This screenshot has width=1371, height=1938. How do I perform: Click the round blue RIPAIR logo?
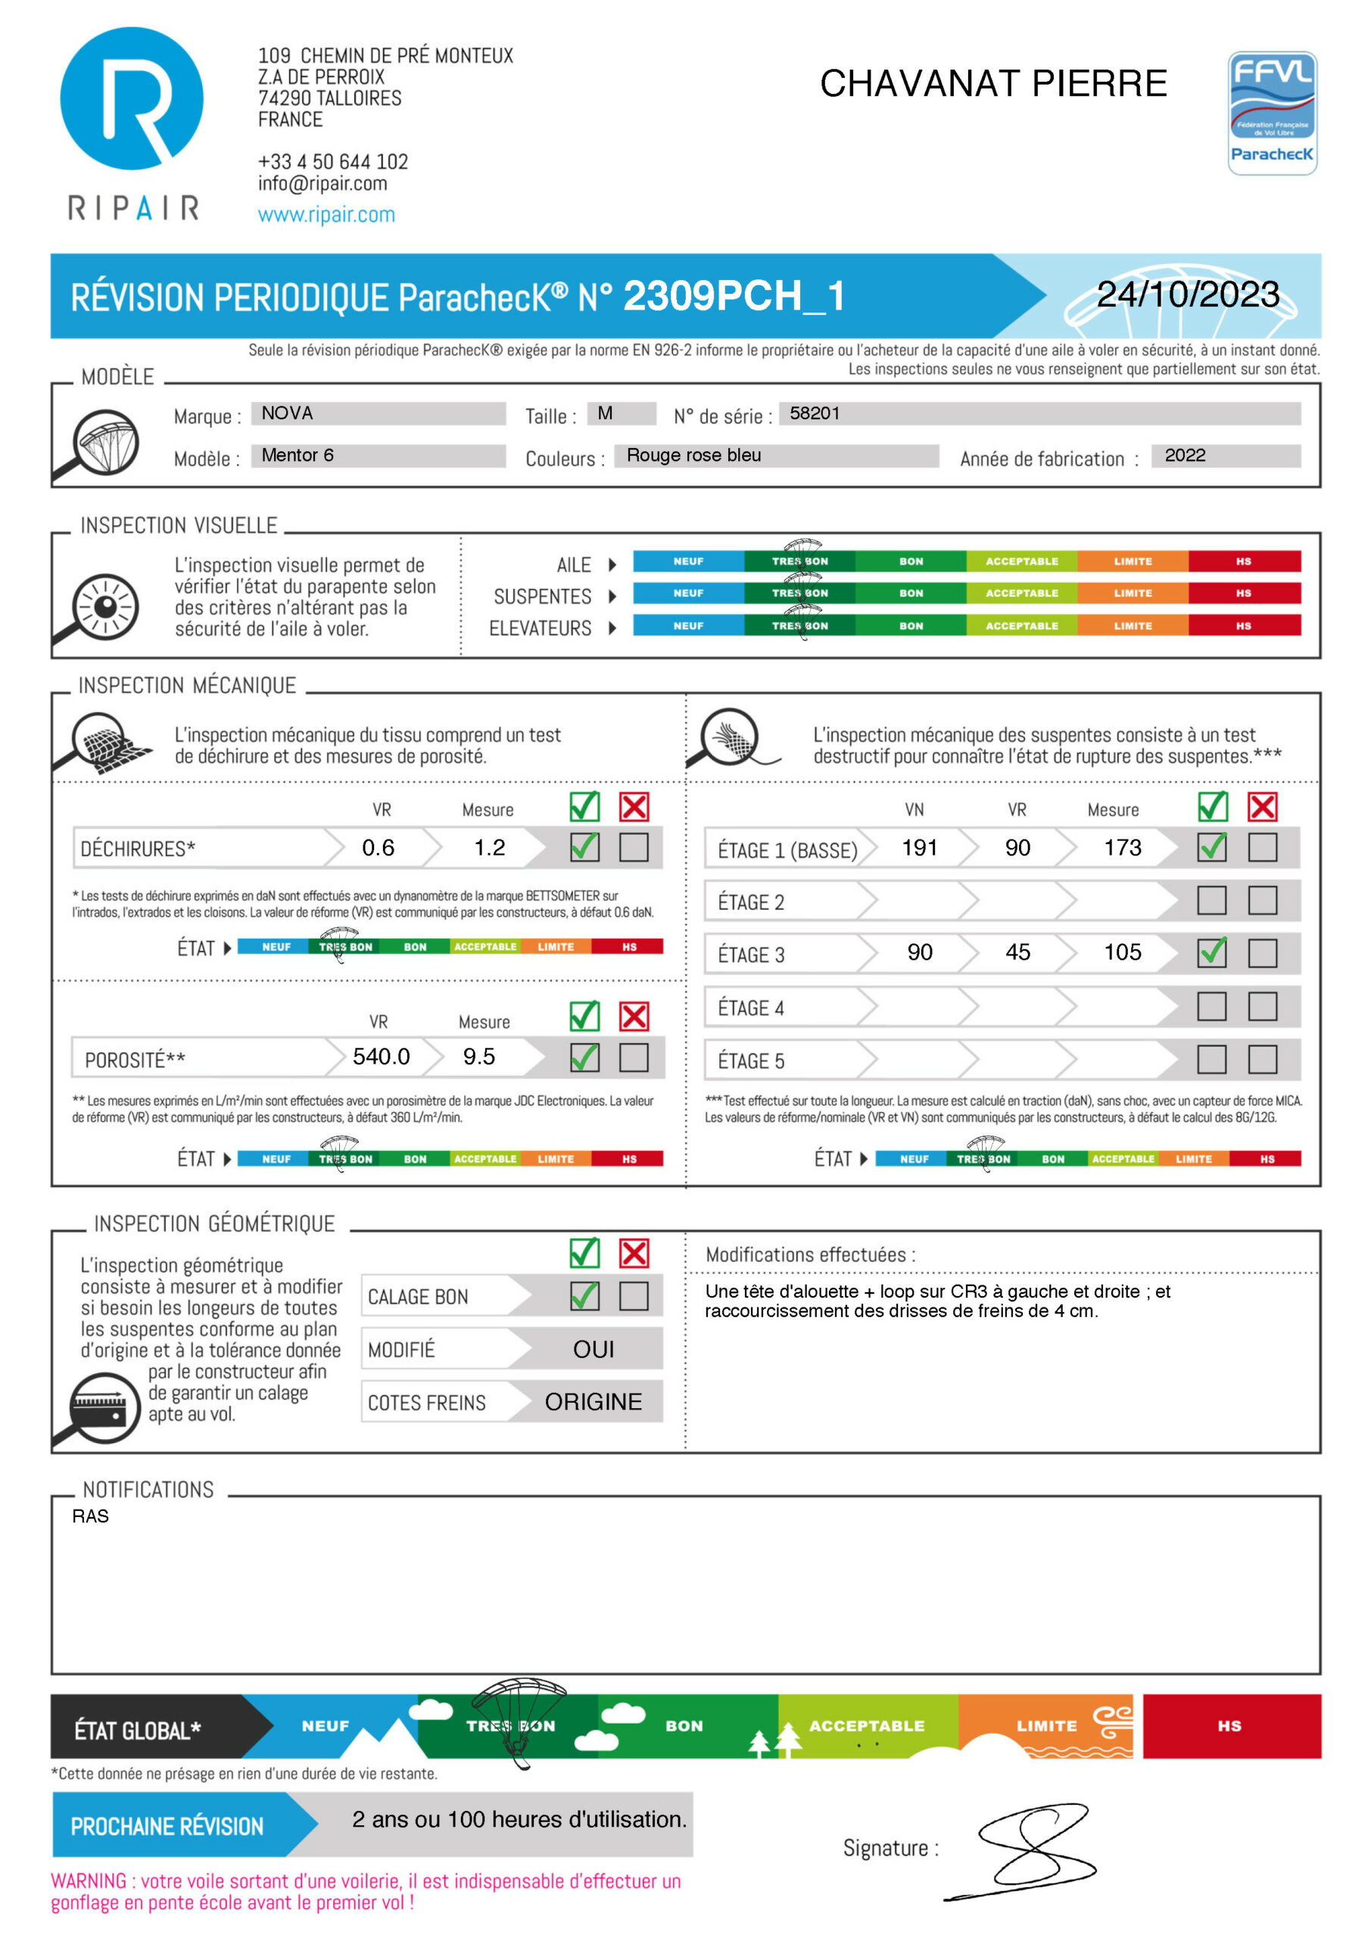point(132,98)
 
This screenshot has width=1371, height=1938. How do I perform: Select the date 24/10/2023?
point(1187,294)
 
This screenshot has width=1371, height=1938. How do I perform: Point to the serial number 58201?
point(814,413)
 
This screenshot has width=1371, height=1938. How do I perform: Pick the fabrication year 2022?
point(1185,456)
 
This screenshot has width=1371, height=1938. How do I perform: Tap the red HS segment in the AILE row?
point(1244,561)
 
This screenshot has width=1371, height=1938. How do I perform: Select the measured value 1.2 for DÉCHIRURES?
point(489,847)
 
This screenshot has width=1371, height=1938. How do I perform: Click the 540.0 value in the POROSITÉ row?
point(381,1057)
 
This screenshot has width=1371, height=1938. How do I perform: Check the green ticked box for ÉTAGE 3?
point(1211,953)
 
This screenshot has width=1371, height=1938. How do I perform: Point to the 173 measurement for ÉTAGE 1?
point(1122,847)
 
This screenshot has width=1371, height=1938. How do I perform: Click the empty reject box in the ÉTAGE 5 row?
point(1262,1059)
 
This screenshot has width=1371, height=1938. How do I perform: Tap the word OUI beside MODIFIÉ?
point(593,1350)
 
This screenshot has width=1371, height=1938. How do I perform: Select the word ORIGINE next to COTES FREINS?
point(593,1402)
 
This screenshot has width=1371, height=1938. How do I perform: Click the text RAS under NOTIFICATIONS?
point(90,1517)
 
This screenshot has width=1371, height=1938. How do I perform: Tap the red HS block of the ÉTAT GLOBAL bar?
point(1231,1726)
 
